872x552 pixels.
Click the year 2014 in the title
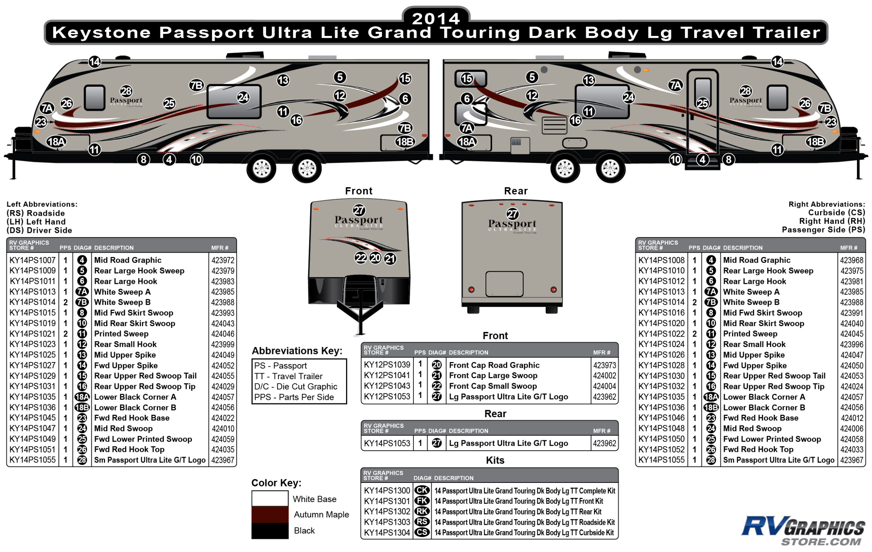(436, 19)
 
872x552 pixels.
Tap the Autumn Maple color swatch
(270, 514)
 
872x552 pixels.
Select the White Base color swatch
(270, 498)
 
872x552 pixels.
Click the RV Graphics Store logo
(803, 531)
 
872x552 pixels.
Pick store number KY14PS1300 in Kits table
(387, 491)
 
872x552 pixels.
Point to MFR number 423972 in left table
(223, 260)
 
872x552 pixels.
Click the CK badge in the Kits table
(422, 491)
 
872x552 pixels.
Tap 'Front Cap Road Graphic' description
(494, 365)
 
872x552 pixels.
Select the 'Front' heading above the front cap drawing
(359, 191)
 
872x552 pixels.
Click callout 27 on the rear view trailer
(512, 214)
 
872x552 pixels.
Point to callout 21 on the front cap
(390, 259)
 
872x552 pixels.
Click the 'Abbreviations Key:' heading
(297, 351)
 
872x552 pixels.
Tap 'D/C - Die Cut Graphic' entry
(295, 387)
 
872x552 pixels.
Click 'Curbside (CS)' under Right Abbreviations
(836, 213)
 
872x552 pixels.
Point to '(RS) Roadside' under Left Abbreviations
(36, 213)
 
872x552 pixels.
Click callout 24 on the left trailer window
(243, 97)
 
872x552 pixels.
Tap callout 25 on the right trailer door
(702, 103)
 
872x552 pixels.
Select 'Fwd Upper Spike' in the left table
(126, 365)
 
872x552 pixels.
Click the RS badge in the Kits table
(422, 522)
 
